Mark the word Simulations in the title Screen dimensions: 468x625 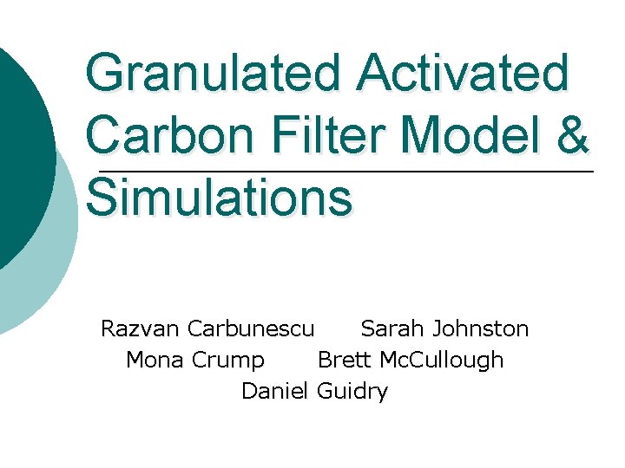pos(220,198)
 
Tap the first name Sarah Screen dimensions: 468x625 pos(392,329)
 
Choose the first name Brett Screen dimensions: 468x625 pos(345,360)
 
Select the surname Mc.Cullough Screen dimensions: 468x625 pos(443,360)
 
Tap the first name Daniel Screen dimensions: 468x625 pos(275,391)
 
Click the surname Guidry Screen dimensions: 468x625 pos(352,392)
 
